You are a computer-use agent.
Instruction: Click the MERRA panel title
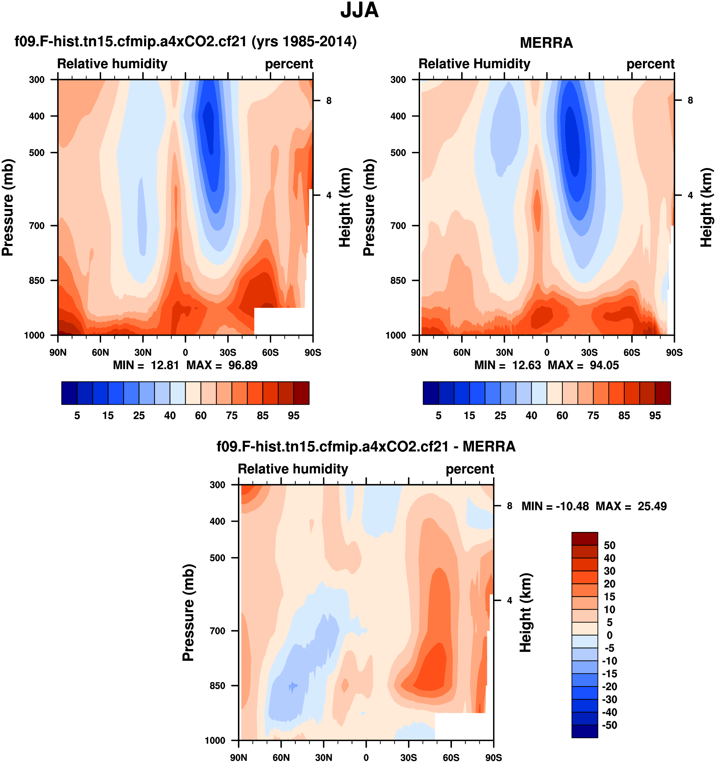pyautogui.click(x=546, y=43)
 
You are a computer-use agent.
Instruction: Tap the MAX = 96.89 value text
pyautogui.click(x=222, y=365)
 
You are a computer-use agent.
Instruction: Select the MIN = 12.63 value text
pyautogui.click(x=507, y=365)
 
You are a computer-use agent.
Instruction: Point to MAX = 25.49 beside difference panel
pyautogui.click(x=631, y=506)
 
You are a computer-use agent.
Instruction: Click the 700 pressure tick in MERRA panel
pyautogui.click(x=398, y=226)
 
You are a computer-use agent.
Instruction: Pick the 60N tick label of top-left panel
pyautogui.click(x=100, y=352)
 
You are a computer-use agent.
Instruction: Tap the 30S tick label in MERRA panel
pyautogui.click(x=589, y=352)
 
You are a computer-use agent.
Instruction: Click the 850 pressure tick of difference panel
pyautogui.click(x=218, y=686)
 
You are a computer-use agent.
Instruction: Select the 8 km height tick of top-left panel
pyautogui.click(x=329, y=101)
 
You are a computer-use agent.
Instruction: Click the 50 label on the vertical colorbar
pyautogui.click(x=609, y=545)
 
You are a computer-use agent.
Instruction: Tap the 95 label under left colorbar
pyautogui.click(x=293, y=416)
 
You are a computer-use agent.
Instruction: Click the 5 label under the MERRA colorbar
pyautogui.click(x=438, y=416)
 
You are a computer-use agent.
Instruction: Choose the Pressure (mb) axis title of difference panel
pyautogui.click(x=188, y=613)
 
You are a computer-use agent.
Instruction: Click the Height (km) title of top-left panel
pyautogui.click(x=345, y=207)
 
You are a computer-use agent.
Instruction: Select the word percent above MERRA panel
pyautogui.click(x=650, y=64)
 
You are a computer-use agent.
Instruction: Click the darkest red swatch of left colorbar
pyautogui.click(x=301, y=393)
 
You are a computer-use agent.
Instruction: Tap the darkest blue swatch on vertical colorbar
pyautogui.click(x=585, y=731)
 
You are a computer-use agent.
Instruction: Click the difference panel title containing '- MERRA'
pyautogui.click(x=366, y=446)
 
